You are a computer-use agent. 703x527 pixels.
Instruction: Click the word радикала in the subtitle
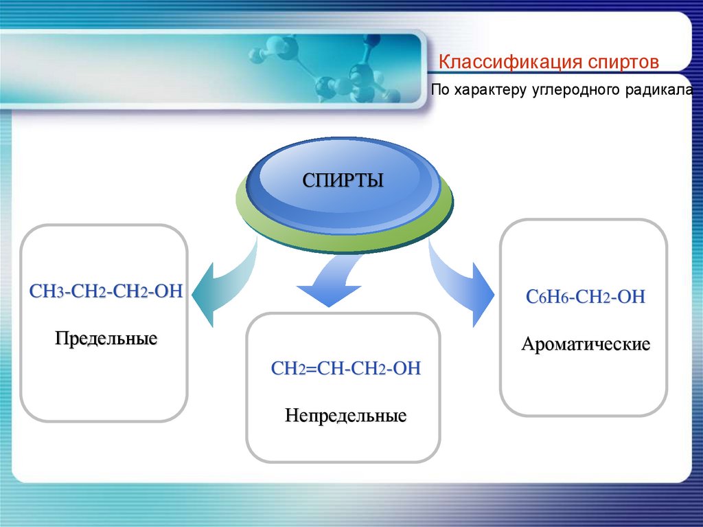(663, 90)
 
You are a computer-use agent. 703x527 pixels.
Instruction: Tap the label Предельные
(106, 339)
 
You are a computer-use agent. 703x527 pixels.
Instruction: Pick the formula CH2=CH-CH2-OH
(345, 369)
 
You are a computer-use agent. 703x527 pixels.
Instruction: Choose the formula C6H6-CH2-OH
(585, 297)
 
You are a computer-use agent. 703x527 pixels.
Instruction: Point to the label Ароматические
(585, 344)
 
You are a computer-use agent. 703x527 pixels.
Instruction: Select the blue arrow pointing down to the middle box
(330, 282)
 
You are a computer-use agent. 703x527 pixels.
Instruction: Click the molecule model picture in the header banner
(323, 69)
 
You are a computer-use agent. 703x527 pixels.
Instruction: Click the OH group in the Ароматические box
(632, 297)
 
